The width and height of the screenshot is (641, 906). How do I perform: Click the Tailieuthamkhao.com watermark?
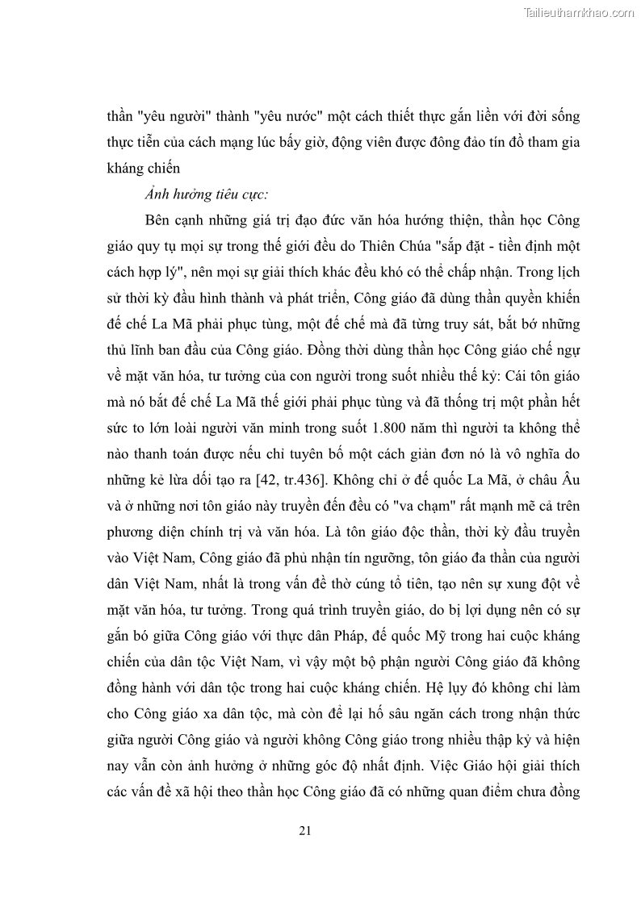579,13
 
